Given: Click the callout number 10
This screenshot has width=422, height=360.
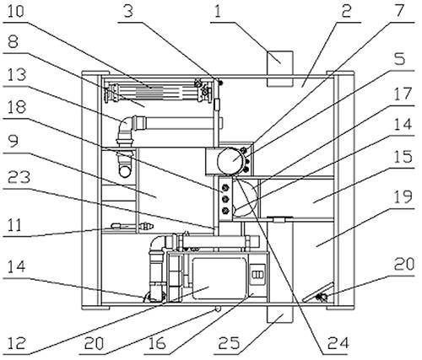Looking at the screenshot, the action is tap(15, 12).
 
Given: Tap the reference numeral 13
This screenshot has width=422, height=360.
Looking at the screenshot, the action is tap(16, 75).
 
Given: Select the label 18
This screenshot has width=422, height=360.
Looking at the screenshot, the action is tap(16, 107).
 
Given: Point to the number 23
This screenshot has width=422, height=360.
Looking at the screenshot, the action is tap(19, 178).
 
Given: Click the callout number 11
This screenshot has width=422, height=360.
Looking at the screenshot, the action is tap(14, 225).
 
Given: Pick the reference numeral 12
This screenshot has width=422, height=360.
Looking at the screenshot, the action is tap(16, 343).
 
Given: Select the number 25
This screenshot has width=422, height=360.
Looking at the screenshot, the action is tap(230, 343).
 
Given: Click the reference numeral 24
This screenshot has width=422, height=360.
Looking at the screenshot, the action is tap(338, 343).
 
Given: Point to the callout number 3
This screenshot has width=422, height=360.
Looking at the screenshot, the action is tap(128, 12).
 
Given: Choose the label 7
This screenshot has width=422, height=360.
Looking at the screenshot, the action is tap(399, 12).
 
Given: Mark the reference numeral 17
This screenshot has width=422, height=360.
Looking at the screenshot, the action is tap(403, 94).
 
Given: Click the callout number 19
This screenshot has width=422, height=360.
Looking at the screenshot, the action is tap(403, 196).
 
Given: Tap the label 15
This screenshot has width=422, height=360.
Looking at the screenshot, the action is tap(403, 156).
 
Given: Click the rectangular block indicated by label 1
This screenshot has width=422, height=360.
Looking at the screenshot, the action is tap(280, 68).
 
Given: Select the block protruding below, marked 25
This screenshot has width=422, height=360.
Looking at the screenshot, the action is tap(280, 314).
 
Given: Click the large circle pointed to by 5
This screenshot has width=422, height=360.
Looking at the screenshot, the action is tap(230, 161).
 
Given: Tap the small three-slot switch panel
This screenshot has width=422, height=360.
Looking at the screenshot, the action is tap(257, 274).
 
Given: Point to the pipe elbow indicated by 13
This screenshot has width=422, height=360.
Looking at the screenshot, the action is tap(124, 126).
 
